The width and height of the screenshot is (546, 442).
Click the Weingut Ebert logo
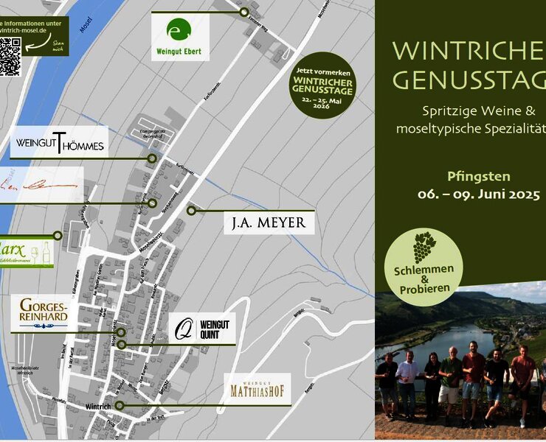[180, 38]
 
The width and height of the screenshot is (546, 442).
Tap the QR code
[10, 56]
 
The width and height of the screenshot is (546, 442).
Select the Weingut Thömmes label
[59, 142]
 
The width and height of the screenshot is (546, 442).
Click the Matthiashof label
[257, 388]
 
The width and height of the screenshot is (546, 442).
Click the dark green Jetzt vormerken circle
[322, 85]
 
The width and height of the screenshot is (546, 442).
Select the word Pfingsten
[479, 176]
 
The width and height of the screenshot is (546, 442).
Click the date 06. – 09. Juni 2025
[480, 194]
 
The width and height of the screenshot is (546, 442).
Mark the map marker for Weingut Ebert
[243, 12]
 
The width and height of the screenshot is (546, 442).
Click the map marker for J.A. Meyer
[191, 211]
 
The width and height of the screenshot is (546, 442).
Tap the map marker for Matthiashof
[119, 405]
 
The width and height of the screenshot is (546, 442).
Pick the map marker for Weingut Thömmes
[152, 158]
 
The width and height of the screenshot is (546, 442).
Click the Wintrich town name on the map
[98, 407]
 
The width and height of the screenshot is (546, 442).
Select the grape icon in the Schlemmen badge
[424, 247]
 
